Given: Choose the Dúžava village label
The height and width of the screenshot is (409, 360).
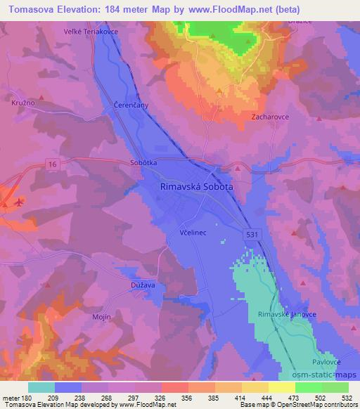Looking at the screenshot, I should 143,285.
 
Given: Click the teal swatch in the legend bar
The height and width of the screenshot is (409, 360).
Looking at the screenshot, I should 41,387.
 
